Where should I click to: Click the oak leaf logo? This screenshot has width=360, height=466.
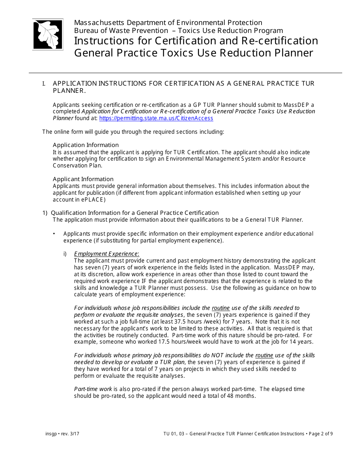point(48,34)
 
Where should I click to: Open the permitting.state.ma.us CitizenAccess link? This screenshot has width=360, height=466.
point(156,118)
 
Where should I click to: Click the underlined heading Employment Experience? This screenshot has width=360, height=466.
point(106,254)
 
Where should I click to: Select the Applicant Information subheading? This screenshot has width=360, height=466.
point(83,179)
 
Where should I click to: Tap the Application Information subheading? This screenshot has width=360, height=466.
point(86,145)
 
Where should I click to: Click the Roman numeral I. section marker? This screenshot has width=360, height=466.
point(44,83)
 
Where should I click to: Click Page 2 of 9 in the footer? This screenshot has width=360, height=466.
point(320,434)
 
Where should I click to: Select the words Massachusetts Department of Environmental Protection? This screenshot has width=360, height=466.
point(168,23)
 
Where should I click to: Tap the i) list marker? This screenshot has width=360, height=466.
point(65,254)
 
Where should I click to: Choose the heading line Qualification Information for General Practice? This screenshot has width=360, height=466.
point(135,213)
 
